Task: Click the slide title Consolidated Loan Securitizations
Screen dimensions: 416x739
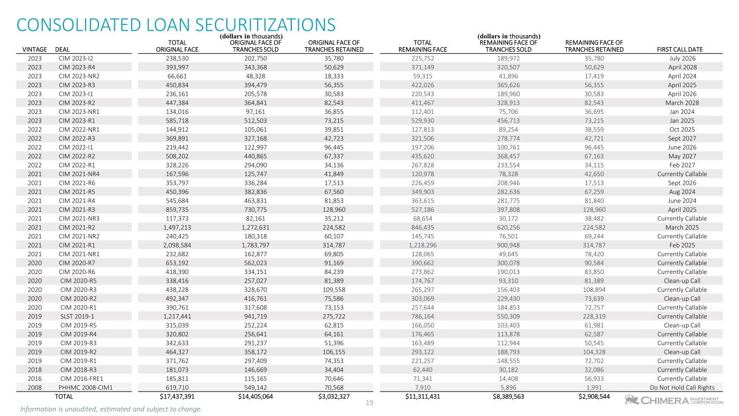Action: pos(176,25)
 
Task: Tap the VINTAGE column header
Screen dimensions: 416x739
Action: pos(35,49)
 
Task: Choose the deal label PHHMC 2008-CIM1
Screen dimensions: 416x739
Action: pos(86,387)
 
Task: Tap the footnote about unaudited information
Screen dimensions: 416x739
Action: pos(112,409)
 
